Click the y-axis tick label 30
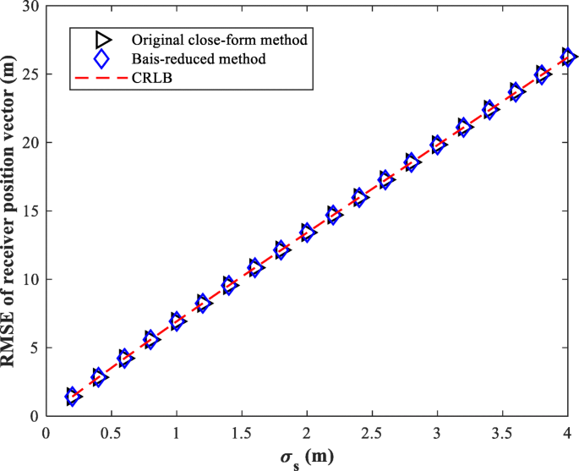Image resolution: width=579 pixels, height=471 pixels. click(31, 7)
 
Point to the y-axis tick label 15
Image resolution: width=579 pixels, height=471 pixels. click(31, 211)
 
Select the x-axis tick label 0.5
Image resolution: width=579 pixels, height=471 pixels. click(111, 432)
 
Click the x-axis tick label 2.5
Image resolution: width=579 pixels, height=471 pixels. click(372, 432)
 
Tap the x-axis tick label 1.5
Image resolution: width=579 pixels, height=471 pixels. click(242, 432)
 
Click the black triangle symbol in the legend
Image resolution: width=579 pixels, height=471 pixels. click(102, 40)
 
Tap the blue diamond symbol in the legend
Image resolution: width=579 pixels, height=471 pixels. click(101, 59)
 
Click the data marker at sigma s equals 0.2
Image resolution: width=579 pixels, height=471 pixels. click(73, 397)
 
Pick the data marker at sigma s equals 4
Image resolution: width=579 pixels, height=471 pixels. click(568, 57)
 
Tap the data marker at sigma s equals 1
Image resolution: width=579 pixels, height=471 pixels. click(177, 320)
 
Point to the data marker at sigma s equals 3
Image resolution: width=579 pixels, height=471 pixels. click(437, 144)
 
